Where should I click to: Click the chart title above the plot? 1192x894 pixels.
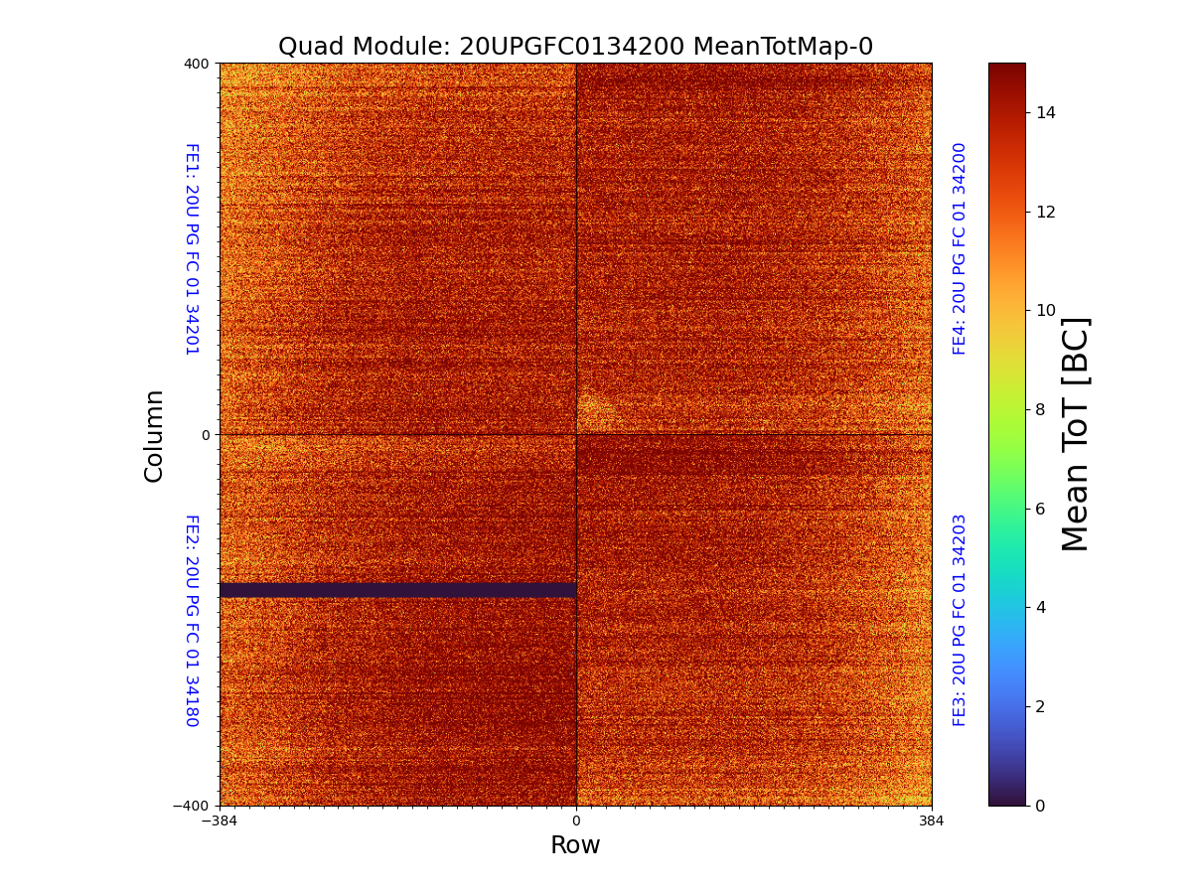tap(575, 47)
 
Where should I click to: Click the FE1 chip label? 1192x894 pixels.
tap(192, 248)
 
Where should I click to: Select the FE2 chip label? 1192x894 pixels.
tap(192, 620)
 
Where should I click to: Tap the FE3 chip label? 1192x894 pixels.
tap(960, 620)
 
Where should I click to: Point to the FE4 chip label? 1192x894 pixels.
tap(960, 248)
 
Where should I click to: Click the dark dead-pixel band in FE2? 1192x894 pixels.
tap(397, 590)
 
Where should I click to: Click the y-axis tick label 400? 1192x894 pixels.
tap(196, 64)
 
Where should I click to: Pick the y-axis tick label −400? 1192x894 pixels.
tap(192, 806)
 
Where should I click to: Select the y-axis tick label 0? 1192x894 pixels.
tap(206, 435)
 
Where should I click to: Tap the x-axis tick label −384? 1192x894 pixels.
tap(220, 821)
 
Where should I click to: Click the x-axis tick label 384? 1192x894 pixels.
tap(932, 821)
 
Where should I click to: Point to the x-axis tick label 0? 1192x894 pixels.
tap(576, 821)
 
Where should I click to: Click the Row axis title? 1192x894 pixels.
tap(575, 845)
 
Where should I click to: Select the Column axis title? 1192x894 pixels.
tap(154, 435)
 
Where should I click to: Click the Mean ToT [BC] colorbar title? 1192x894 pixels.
tap(1076, 434)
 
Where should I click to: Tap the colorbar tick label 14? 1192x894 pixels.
tap(1045, 112)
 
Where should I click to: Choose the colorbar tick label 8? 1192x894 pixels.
tap(1041, 409)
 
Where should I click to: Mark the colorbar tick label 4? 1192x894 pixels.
tap(1041, 607)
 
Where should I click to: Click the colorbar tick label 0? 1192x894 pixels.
tap(1041, 806)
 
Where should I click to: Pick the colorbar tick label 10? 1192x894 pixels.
tap(1045, 310)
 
